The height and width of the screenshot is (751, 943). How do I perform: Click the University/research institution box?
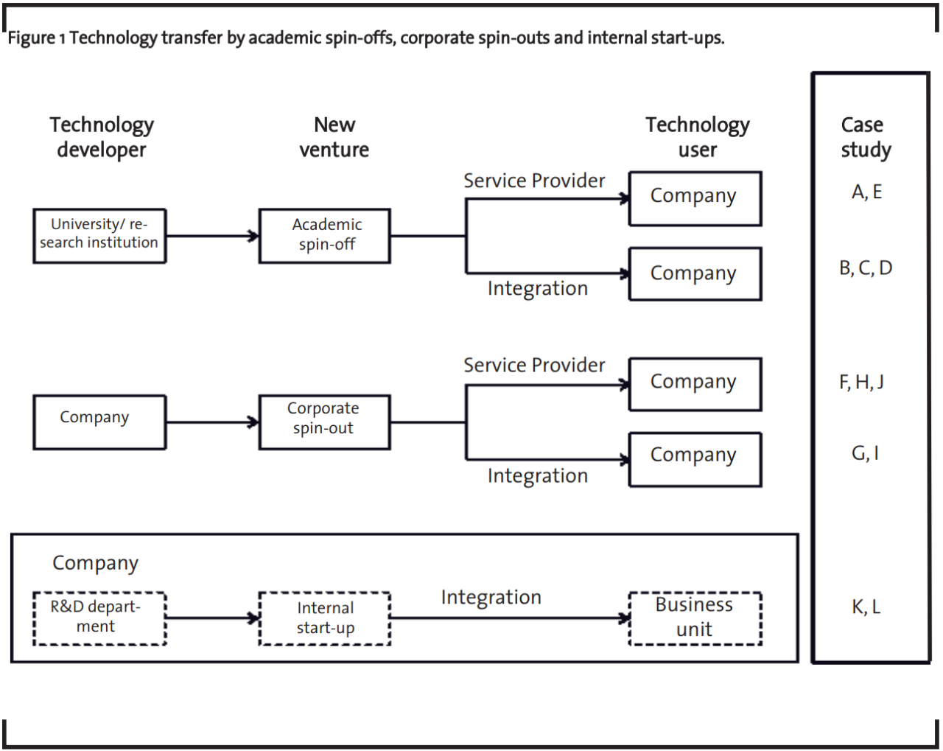pos(99,236)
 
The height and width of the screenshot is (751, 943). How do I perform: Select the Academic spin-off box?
pos(325,236)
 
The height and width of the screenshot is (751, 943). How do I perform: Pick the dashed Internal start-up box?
pos(325,618)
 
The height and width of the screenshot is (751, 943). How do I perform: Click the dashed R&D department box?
pos(99,618)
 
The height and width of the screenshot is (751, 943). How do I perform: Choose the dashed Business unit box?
pos(695,618)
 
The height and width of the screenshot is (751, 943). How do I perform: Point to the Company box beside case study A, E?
pos(695,198)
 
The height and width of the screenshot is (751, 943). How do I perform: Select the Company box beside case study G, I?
pos(695,459)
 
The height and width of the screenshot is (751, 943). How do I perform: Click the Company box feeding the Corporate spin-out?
pos(99,422)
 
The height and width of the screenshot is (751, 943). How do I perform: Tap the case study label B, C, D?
pos(866,268)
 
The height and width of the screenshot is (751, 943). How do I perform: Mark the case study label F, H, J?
pos(861,382)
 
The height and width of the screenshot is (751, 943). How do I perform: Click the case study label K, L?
pos(866,607)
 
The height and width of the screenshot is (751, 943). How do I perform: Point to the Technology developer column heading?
pos(102,137)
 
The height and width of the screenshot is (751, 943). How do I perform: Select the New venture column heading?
pos(334,137)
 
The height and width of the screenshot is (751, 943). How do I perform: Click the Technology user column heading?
pos(698,137)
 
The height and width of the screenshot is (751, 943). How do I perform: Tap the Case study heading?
pos(866,137)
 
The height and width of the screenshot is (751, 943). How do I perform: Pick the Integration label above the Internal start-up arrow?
pos(491,598)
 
